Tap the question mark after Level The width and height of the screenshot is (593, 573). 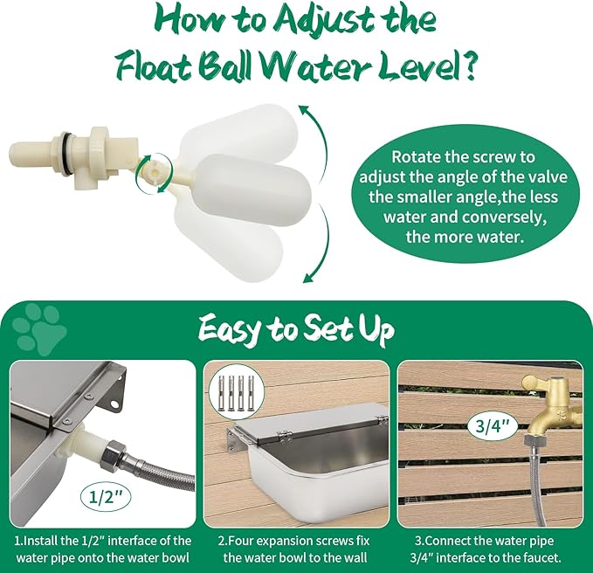(x=469, y=68)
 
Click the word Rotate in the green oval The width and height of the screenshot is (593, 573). (x=414, y=156)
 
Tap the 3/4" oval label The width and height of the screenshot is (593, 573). (x=492, y=426)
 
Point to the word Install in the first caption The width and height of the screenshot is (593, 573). (x=40, y=541)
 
